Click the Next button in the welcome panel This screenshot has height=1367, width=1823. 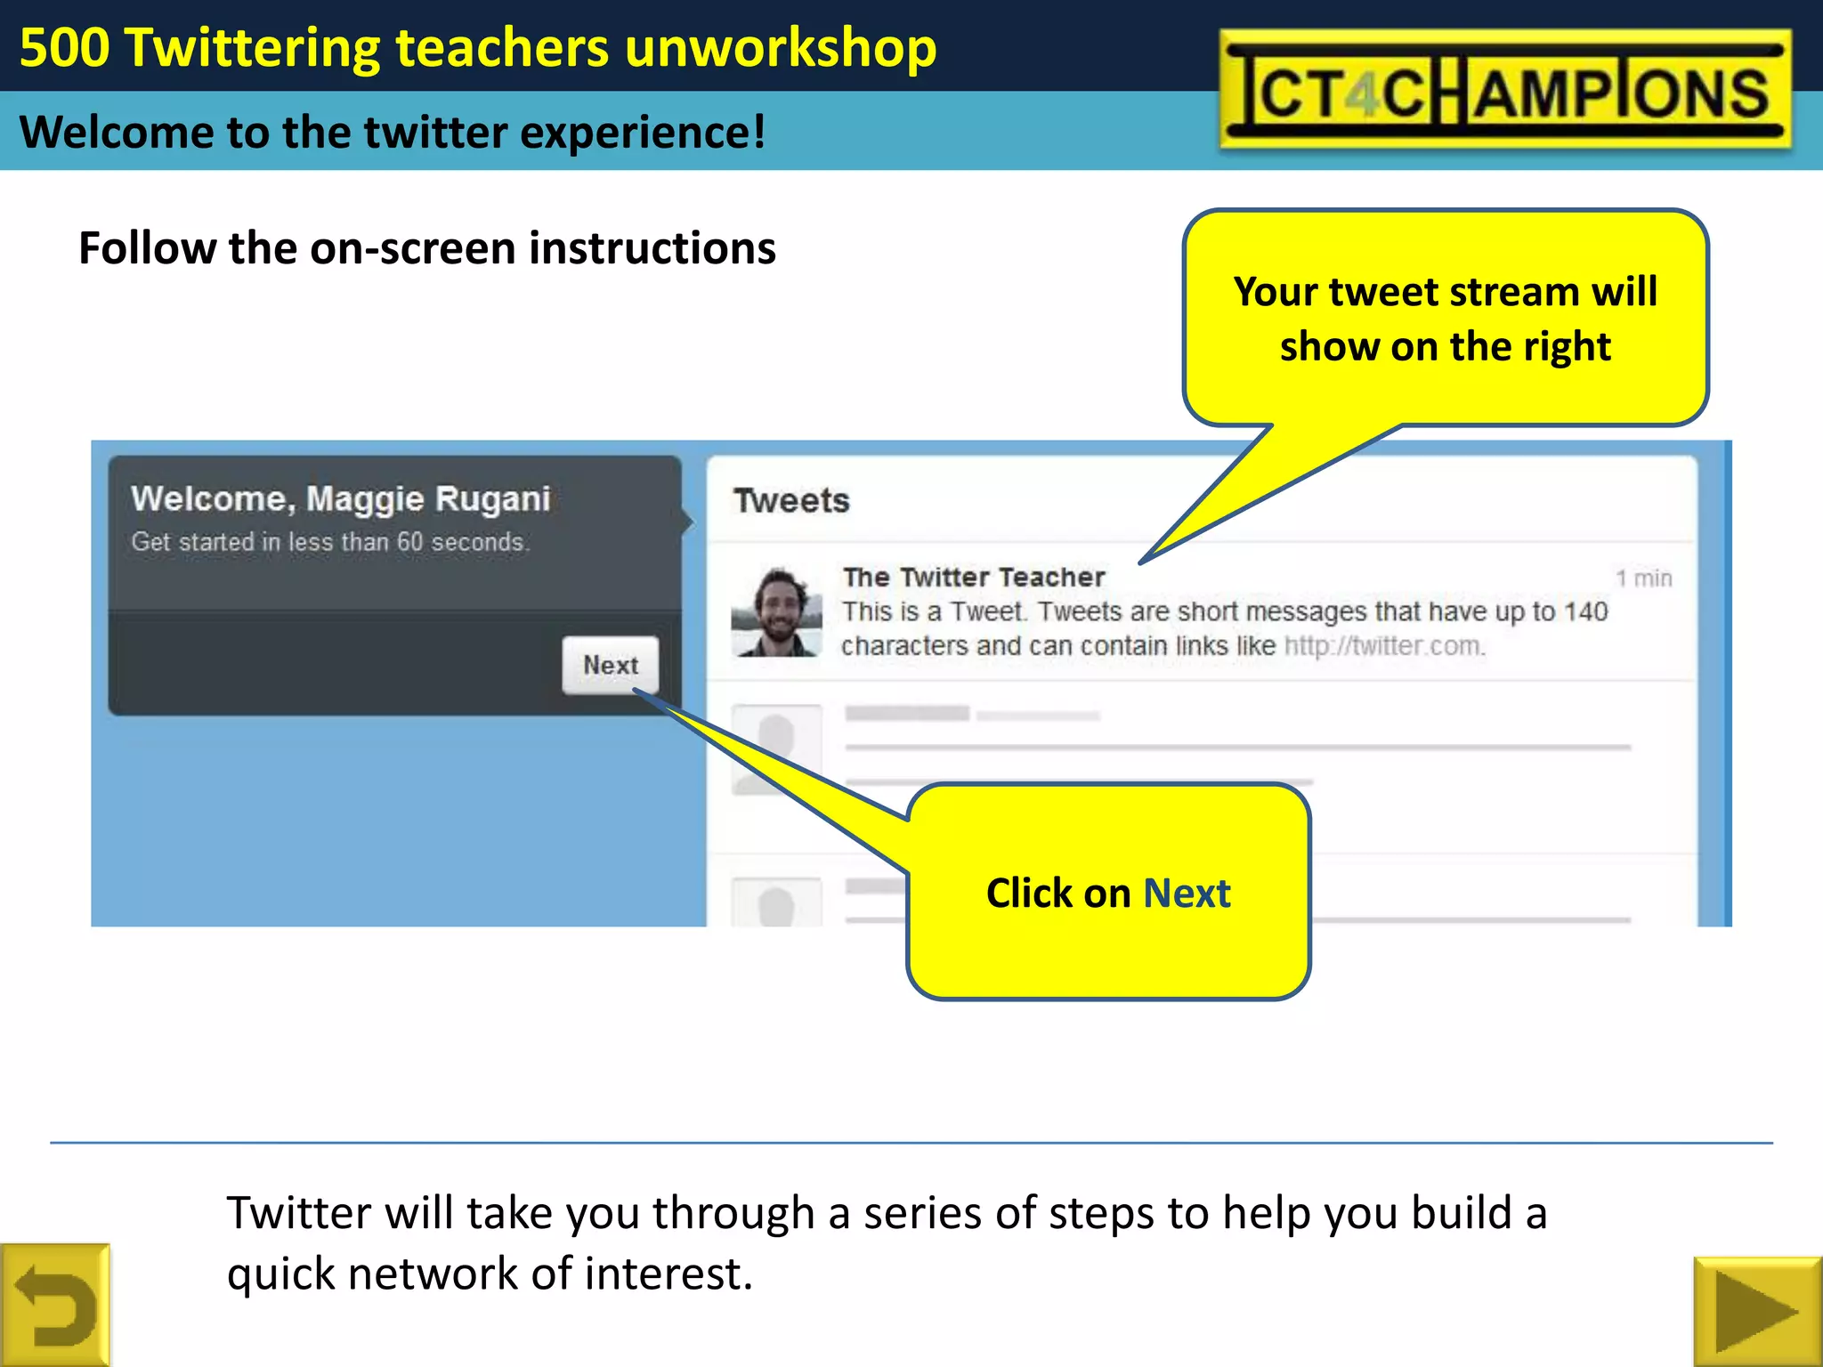[611, 665]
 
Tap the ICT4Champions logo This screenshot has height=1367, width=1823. [1504, 89]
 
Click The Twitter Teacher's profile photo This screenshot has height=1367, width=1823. [776, 612]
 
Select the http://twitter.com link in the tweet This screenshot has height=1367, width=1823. [1384, 646]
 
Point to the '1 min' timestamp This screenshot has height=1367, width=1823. [1643, 578]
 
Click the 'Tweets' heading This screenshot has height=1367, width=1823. [791, 501]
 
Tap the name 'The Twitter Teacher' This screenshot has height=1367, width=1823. [974, 578]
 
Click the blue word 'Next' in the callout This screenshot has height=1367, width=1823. [1187, 893]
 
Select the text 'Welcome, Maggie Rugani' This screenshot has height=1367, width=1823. [341, 499]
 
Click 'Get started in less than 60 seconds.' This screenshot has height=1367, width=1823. [330, 542]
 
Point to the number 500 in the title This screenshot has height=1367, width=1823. [64, 48]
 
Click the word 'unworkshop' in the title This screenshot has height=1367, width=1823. [781, 48]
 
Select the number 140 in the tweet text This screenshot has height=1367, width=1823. [1585, 612]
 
